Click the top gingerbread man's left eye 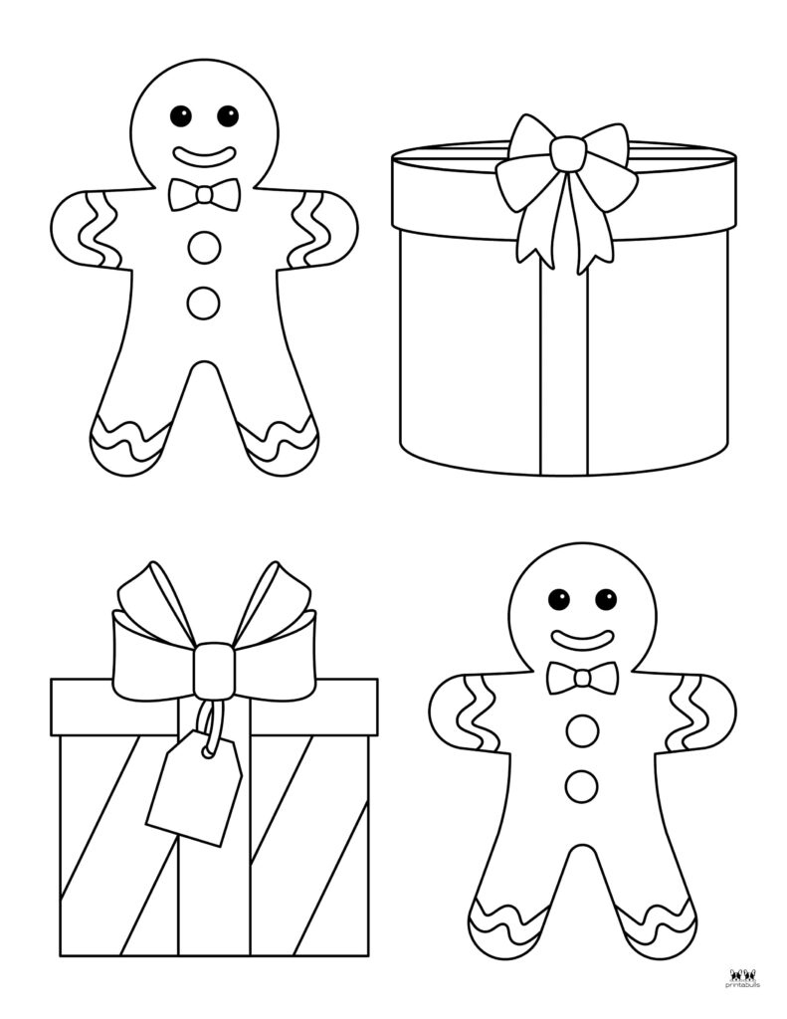click(181, 115)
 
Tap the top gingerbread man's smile click(204, 155)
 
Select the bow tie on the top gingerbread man click(204, 194)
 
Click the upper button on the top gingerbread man click(204, 248)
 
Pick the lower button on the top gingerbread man click(204, 303)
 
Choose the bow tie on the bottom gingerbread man click(582, 678)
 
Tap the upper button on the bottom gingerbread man click(582, 731)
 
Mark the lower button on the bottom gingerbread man click(582, 786)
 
